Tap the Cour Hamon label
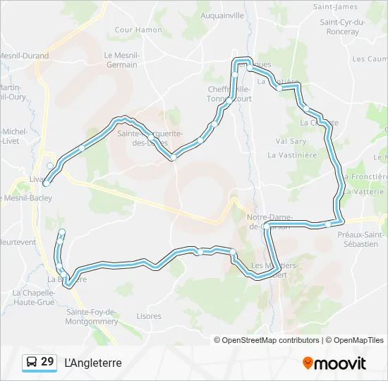pos(138,30)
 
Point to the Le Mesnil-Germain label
pos(121,60)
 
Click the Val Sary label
pos(291,141)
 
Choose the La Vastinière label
pos(292,155)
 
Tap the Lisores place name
pos(149,316)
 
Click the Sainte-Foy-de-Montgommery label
pos(92,316)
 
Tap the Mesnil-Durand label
pos(24,56)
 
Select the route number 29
pos(47,362)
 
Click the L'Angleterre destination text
pos(92,363)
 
